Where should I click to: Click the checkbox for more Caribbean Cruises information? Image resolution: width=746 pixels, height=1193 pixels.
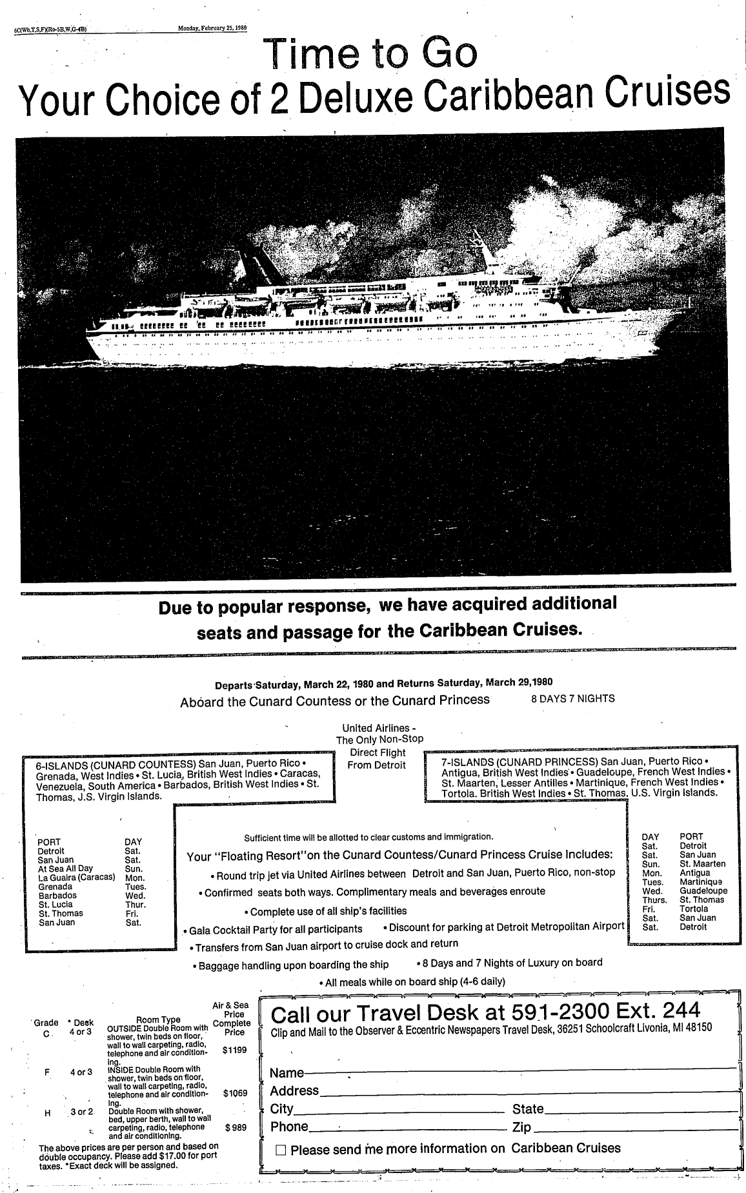(x=281, y=1150)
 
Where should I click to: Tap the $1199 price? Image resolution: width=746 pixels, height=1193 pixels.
(x=234, y=1050)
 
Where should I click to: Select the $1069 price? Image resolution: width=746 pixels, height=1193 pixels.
(x=235, y=1093)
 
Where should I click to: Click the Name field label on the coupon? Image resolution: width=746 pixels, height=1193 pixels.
(x=287, y=1073)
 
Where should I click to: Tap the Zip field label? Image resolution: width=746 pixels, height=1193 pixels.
(x=521, y=1127)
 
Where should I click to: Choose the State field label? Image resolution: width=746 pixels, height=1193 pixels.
(x=528, y=1109)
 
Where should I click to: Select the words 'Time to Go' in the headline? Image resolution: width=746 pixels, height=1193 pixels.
(x=372, y=56)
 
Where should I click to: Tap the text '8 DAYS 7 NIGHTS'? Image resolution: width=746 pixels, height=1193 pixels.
(x=572, y=698)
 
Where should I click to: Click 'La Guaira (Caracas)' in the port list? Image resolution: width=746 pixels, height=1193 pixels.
(x=77, y=877)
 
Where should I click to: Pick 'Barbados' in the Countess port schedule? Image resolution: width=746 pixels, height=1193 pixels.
(x=57, y=895)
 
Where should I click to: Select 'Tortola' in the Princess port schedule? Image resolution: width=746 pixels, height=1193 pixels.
(x=694, y=909)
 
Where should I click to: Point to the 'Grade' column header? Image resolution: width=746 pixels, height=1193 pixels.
(x=46, y=1023)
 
